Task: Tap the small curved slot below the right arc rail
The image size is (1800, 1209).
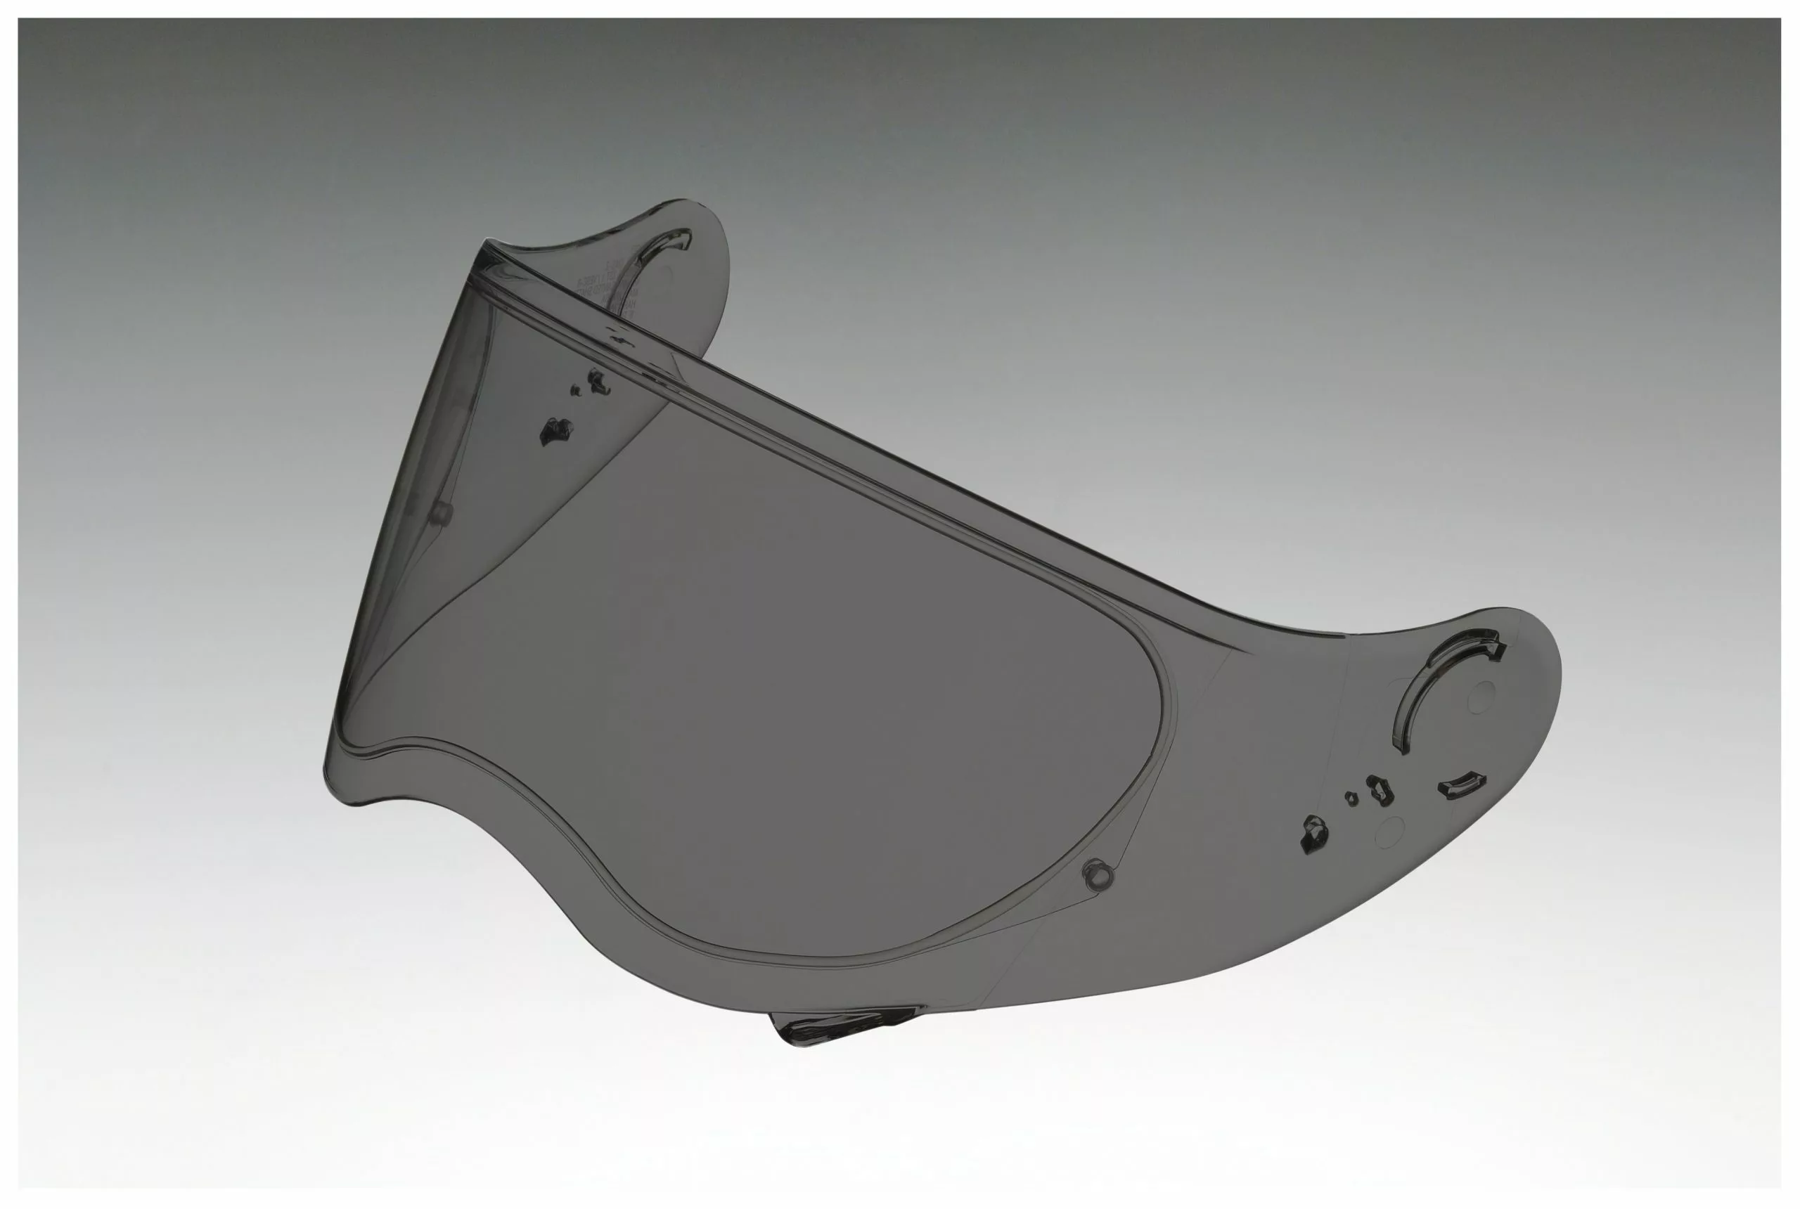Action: [1460, 785]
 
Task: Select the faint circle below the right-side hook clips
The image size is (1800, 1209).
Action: [1389, 830]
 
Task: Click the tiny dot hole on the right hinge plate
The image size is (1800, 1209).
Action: [1351, 799]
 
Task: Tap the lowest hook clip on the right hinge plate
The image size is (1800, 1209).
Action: [1313, 834]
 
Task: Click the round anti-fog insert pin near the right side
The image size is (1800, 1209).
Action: [1098, 874]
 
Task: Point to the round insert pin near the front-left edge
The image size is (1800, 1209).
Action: [440, 512]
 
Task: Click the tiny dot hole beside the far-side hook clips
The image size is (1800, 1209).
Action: [574, 391]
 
